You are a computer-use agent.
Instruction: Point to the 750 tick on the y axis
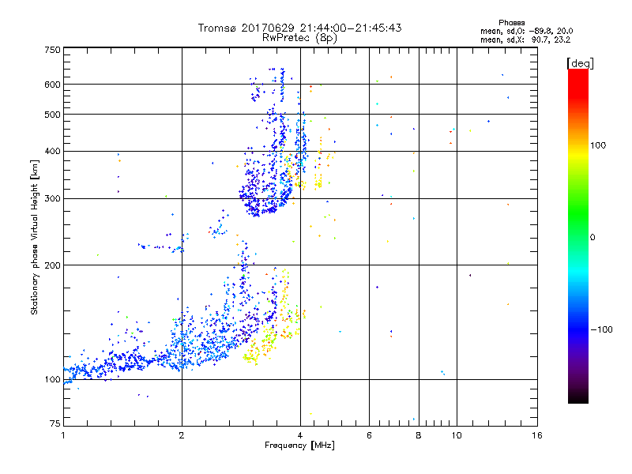pos(52,50)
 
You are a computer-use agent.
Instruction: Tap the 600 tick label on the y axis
pos(52,85)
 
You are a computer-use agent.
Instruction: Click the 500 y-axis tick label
pos(52,115)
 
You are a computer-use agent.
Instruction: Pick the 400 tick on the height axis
pos(52,151)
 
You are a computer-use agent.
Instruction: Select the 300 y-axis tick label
pos(52,198)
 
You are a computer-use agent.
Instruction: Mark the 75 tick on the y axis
pos(55,424)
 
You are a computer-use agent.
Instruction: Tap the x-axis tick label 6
pos(369,435)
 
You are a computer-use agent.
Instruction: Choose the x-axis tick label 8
pos(419,435)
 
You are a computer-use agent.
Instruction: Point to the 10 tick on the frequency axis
pos(456,435)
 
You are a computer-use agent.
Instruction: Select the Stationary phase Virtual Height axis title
pos(35,237)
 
